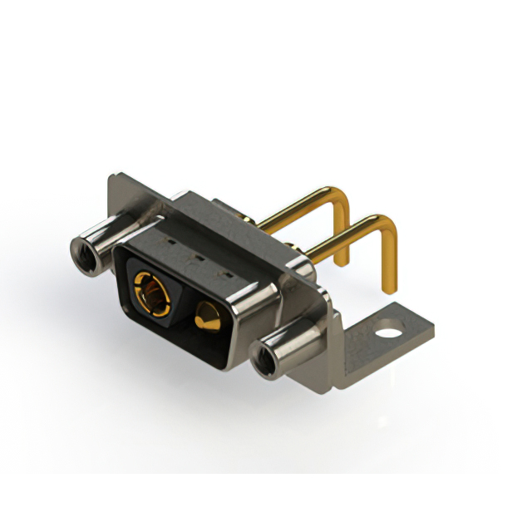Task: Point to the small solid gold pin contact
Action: coord(207,317)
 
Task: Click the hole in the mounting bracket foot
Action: coord(388,337)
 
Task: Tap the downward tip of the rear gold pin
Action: coord(341,260)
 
